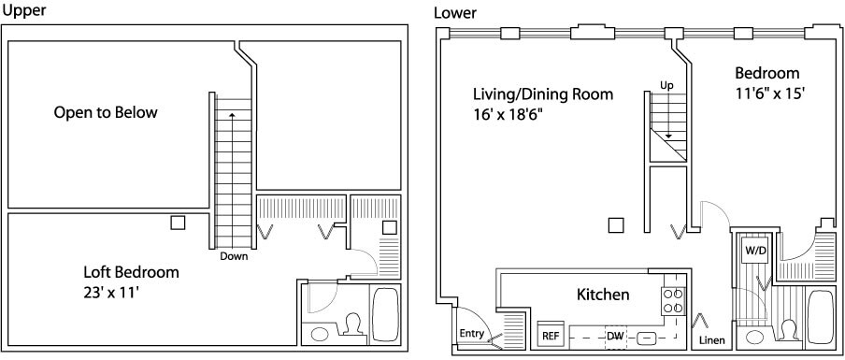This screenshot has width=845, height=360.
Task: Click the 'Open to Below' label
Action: (x=106, y=112)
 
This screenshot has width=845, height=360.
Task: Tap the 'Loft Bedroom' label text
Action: (x=131, y=271)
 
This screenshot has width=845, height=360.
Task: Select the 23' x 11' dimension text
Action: (x=112, y=294)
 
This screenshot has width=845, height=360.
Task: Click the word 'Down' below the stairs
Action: (x=234, y=256)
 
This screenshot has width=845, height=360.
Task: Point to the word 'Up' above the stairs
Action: (x=666, y=86)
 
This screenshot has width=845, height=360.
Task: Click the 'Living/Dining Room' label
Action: (x=543, y=94)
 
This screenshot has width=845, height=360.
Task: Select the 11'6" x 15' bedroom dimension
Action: (x=770, y=94)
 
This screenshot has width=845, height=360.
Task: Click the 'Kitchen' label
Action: (x=603, y=295)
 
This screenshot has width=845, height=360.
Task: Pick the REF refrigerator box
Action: (x=551, y=335)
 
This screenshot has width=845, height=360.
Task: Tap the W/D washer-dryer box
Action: (x=754, y=250)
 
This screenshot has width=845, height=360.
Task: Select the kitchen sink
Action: (x=647, y=338)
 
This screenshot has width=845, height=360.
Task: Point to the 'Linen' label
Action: (x=712, y=340)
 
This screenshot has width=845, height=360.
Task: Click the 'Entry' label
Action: (x=471, y=334)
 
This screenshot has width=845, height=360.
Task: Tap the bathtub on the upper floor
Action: (x=386, y=315)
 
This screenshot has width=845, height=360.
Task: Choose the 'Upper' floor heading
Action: (x=23, y=11)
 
